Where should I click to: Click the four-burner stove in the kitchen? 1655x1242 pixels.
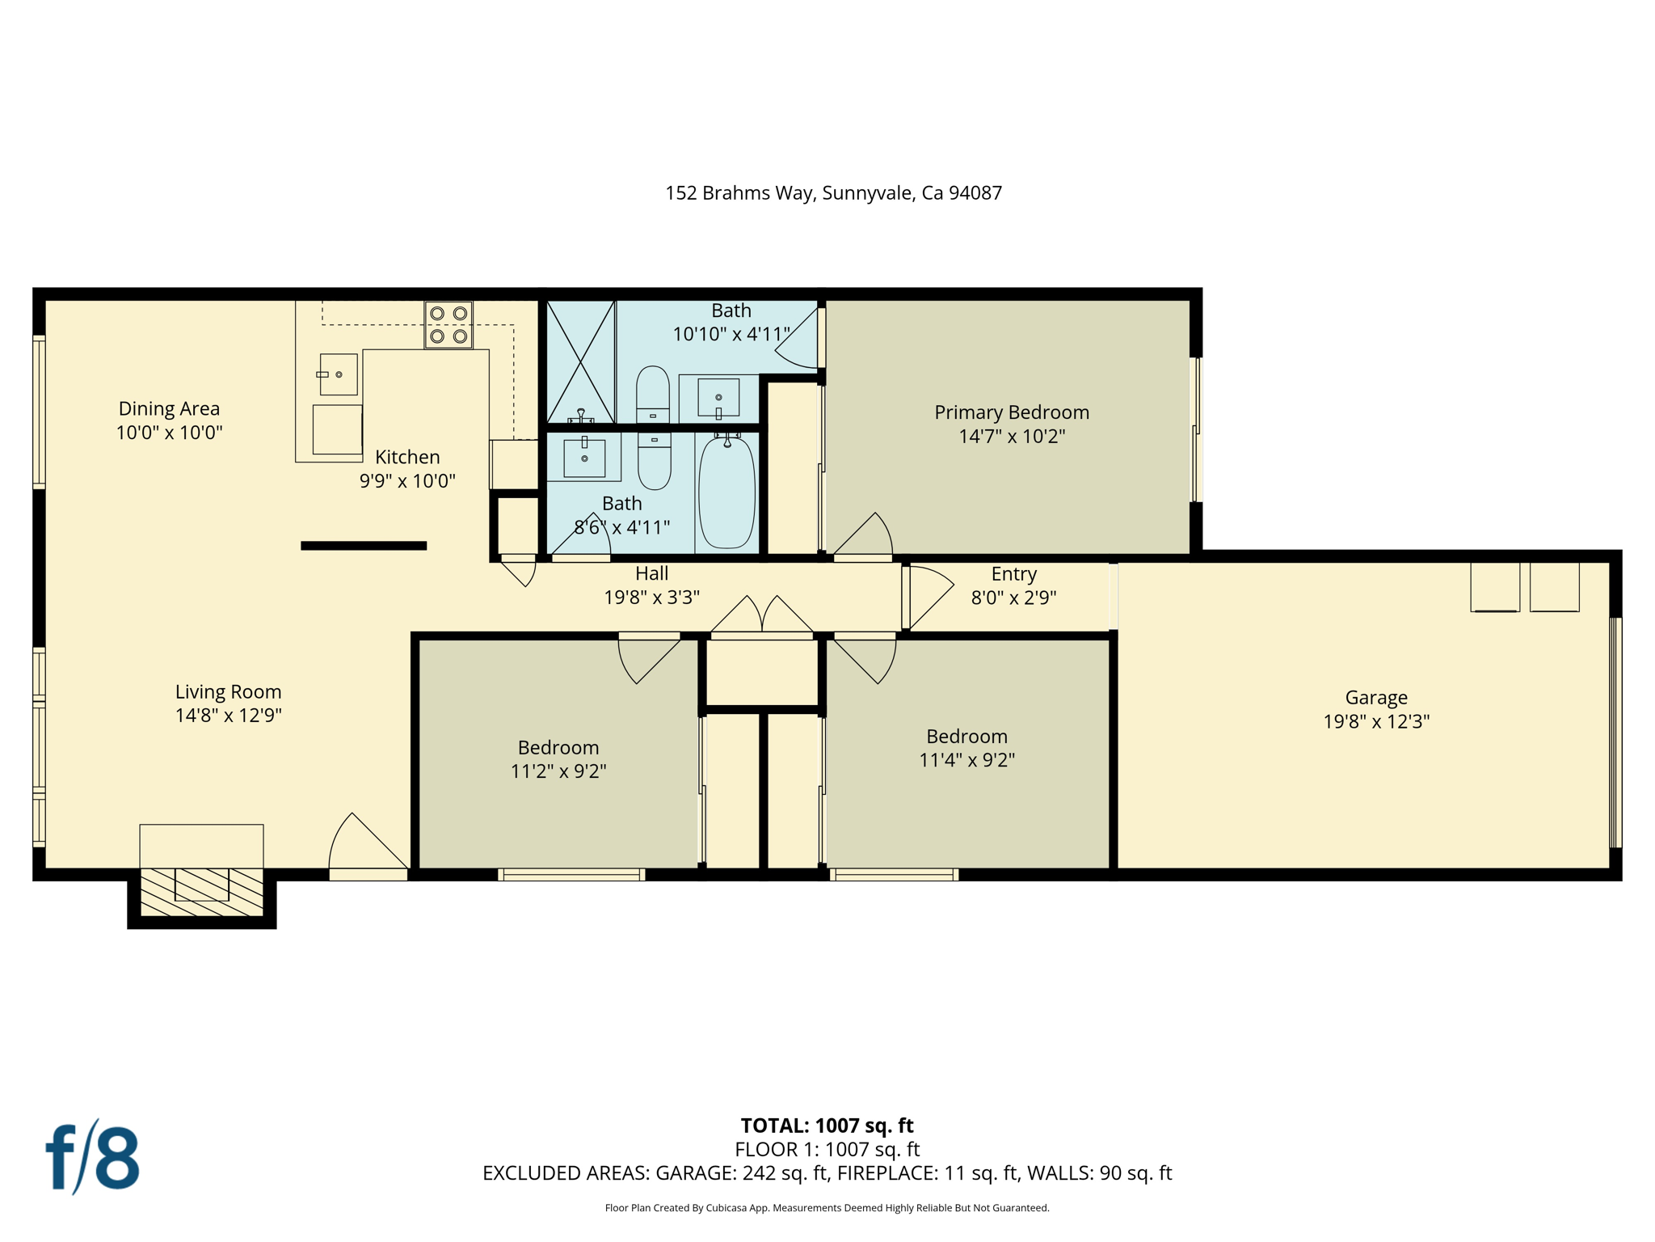(448, 324)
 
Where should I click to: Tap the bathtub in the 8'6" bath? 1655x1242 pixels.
(726, 492)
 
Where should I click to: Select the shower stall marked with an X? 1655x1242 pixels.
(581, 361)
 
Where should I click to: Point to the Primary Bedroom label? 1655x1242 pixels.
(1012, 412)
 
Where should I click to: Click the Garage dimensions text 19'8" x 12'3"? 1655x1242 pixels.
(1376, 721)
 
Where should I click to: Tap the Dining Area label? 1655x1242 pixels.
(169, 408)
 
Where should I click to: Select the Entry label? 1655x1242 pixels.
(1013, 574)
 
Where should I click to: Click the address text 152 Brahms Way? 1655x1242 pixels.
(739, 192)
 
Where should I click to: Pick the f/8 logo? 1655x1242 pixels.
(92, 1156)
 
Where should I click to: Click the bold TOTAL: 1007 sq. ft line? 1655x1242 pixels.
(827, 1126)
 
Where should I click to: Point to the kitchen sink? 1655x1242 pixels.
(339, 374)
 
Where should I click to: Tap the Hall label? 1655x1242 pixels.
(651, 573)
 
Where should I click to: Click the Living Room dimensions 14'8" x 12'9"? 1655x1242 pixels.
(228, 715)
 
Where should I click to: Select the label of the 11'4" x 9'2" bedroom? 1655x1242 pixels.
(966, 737)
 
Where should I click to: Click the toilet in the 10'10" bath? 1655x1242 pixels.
(653, 395)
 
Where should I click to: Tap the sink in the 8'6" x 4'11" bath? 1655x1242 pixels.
(584, 458)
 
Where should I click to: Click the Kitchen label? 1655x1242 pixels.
(407, 457)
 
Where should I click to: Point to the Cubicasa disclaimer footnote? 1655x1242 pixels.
(827, 1208)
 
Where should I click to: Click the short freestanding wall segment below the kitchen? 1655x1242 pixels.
(364, 546)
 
